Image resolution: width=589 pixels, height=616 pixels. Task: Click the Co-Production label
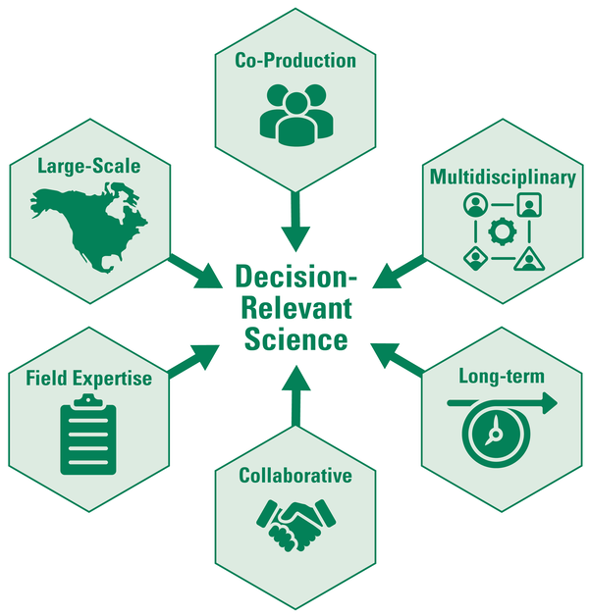point(294,61)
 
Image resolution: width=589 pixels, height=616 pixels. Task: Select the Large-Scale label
point(88,166)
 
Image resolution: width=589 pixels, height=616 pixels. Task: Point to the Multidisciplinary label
point(501,177)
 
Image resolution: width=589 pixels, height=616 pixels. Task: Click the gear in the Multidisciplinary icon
point(501,231)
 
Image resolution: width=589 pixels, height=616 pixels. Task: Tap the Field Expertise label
point(89,377)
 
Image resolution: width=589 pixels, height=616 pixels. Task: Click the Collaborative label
point(295,476)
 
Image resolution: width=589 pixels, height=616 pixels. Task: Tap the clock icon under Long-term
point(496,432)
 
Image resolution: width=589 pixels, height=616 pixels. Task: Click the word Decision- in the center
point(294,277)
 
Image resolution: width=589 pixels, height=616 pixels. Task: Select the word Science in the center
point(295,339)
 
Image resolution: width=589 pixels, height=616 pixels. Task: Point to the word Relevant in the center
point(295,308)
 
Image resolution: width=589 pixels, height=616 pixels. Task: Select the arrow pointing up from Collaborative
point(294,392)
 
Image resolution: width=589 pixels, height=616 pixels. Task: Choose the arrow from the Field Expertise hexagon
point(193,358)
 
